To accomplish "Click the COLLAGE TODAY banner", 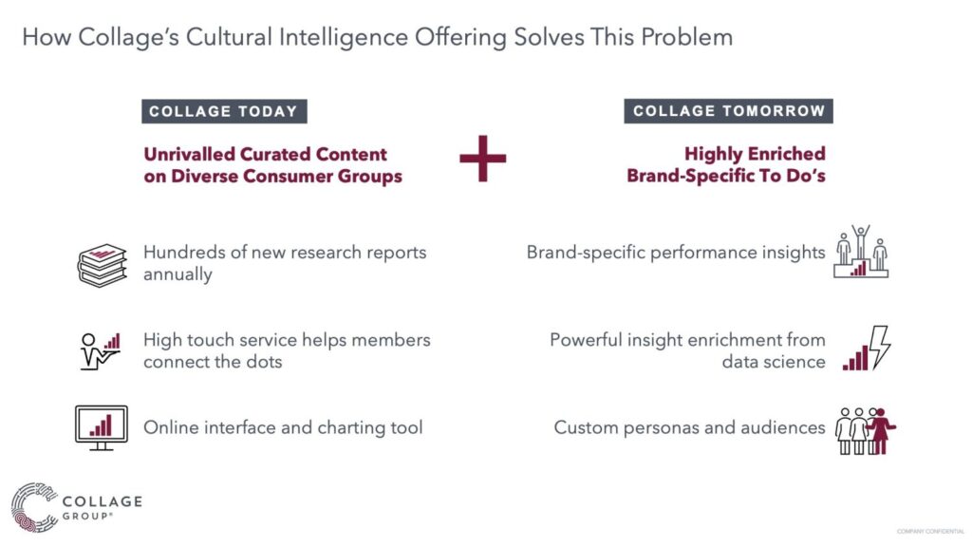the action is coord(224,112).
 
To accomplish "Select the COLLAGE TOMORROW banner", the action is coord(728,111).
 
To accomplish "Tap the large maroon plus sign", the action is coord(483,159).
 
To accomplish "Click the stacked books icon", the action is coord(103,265).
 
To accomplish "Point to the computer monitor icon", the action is coord(101,428).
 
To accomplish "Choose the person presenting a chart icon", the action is coord(100,351).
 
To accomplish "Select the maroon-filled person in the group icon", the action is coord(881,431).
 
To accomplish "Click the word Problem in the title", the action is coord(687,37).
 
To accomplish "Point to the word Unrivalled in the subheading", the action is coord(189,154).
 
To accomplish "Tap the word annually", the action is coord(178,274).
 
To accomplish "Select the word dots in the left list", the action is coord(265,362).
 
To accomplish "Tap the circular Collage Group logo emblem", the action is coord(34,507).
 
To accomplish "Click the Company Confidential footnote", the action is coord(930,532).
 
